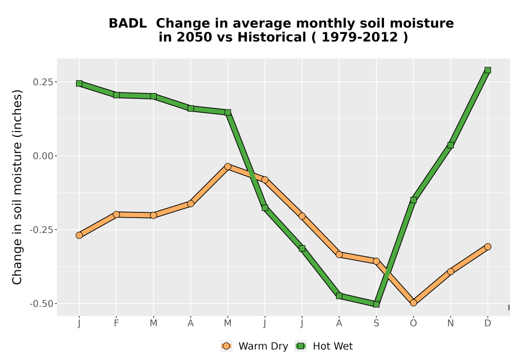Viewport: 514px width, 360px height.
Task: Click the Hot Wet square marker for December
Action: click(487, 70)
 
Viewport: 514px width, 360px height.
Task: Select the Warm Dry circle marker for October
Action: click(413, 302)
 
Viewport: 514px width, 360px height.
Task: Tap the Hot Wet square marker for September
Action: click(376, 304)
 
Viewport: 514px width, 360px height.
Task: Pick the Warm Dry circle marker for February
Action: click(116, 214)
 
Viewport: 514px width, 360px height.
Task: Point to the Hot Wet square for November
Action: click(450, 145)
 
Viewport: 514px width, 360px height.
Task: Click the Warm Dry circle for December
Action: click(487, 246)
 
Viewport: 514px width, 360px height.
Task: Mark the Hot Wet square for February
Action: click(116, 95)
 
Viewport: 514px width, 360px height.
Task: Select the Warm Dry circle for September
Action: click(376, 261)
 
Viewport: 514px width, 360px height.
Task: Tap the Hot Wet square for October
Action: click(413, 200)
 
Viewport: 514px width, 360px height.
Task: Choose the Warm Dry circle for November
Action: click(450, 272)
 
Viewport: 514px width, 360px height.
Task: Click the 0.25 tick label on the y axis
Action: click(43, 82)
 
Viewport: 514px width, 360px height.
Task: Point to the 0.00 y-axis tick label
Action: click(43, 156)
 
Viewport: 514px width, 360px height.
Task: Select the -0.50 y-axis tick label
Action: click(41, 304)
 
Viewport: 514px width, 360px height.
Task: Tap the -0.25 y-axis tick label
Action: click(41, 230)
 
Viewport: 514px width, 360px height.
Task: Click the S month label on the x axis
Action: click(376, 323)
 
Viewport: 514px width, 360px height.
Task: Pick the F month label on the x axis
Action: click(116, 323)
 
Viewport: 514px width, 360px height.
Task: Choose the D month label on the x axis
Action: click(487, 323)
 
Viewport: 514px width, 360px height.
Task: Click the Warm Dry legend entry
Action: click(254, 346)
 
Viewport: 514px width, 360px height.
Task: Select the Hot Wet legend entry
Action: click(324, 346)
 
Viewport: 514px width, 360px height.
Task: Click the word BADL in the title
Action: click(127, 24)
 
